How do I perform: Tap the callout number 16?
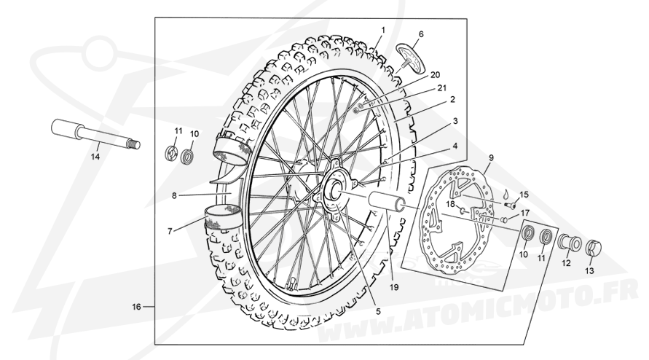pos(137,307)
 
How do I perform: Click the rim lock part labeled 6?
pos(410,56)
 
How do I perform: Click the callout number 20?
pos(435,75)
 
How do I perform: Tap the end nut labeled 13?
pos(593,248)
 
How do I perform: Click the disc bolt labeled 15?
pos(511,205)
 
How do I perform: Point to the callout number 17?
pos(525,213)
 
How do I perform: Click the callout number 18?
pos(451,204)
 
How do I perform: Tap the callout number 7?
pos(170,232)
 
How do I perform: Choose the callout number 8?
pos(174,195)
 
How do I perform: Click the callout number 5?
pos(378,310)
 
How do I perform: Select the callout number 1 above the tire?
pos(383,30)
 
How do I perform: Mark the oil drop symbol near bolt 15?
pos(506,193)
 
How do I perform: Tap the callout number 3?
pos(455,122)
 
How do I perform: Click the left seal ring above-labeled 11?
pos(170,153)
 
